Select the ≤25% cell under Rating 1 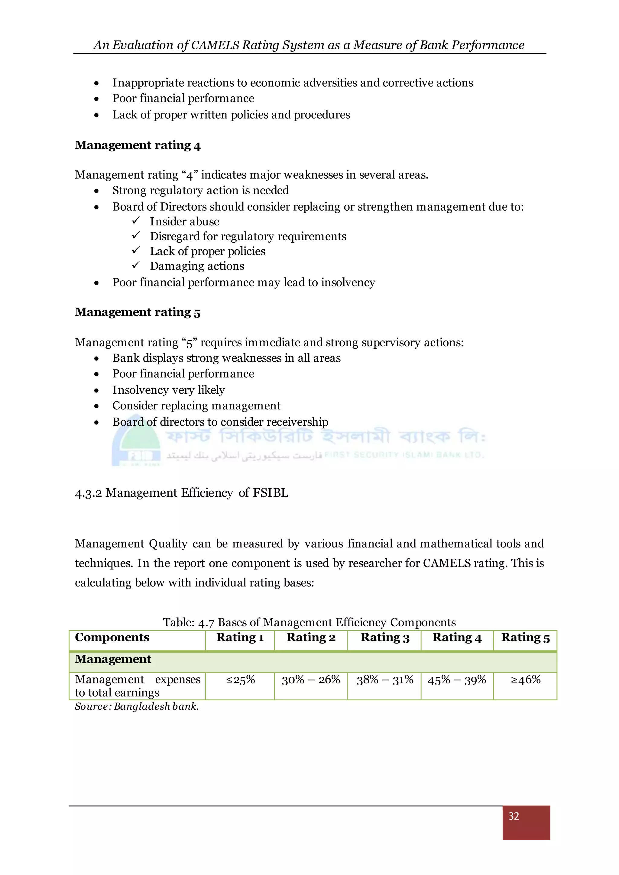[240, 680]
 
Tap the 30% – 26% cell [311, 680]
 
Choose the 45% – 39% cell [457, 680]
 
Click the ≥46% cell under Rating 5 [525, 680]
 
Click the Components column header [112, 638]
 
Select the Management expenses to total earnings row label [137, 686]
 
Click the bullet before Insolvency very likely [96, 391]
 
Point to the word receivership [297, 422]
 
